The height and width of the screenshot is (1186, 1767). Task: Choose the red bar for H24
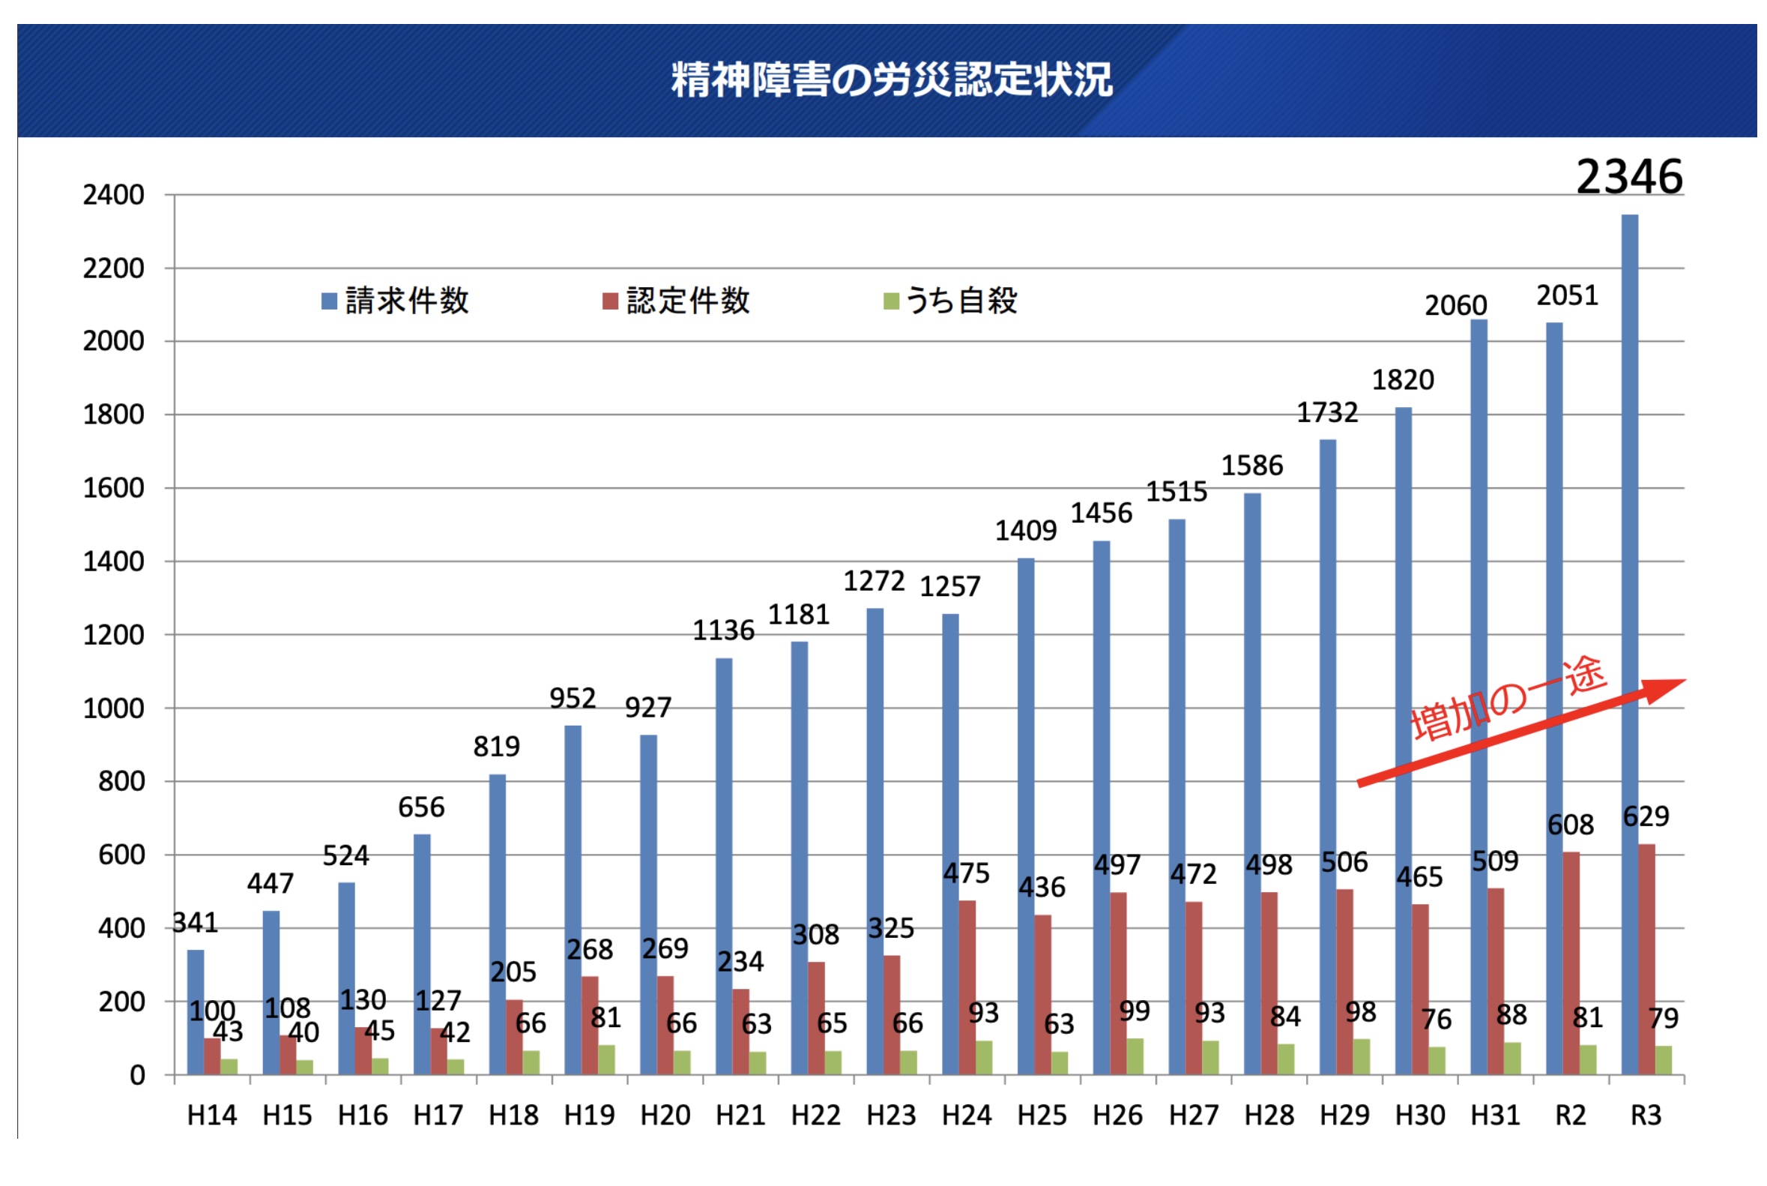click(x=966, y=987)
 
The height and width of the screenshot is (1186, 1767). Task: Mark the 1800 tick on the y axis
click(x=113, y=415)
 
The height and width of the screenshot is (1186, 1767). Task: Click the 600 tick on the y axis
click(x=121, y=855)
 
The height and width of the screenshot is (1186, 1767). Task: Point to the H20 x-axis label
click(x=665, y=1115)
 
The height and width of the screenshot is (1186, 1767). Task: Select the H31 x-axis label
click(x=1495, y=1115)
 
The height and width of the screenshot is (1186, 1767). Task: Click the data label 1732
click(x=1327, y=412)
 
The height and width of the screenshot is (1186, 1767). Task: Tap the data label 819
click(x=496, y=747)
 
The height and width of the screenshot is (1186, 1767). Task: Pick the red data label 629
click(x=1646, y=816)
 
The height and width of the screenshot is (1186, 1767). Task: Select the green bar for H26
click(x=1134, y=1056)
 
